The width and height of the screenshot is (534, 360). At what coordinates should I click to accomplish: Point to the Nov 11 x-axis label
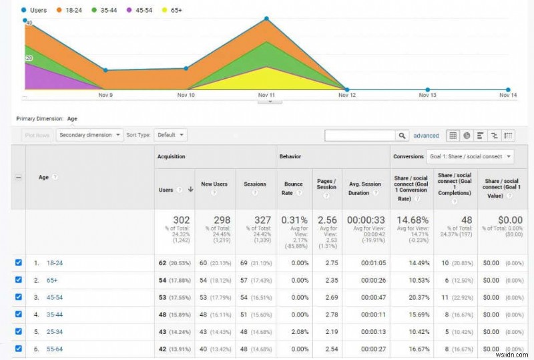[266, 95]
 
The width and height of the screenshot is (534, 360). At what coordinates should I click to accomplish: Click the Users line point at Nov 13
[427, 89]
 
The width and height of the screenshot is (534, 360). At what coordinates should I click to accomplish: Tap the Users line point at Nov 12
[346, 89]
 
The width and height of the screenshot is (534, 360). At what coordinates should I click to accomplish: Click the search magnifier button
[403, 136]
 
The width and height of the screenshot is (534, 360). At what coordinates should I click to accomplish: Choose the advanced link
[426, 136]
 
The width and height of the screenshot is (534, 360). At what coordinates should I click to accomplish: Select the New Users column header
[214, 184]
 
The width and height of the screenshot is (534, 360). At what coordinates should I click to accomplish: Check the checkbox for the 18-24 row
[19, 262]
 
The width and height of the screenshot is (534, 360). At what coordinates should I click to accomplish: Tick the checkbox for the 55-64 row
[19, 347]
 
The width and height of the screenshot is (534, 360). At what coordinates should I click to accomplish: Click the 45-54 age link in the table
[55, 297]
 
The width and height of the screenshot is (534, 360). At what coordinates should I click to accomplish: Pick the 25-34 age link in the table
[55, 331]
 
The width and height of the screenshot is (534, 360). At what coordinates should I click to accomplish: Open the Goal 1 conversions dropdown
[470, 156]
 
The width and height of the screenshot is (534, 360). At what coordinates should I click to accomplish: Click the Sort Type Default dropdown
[170, 135]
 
